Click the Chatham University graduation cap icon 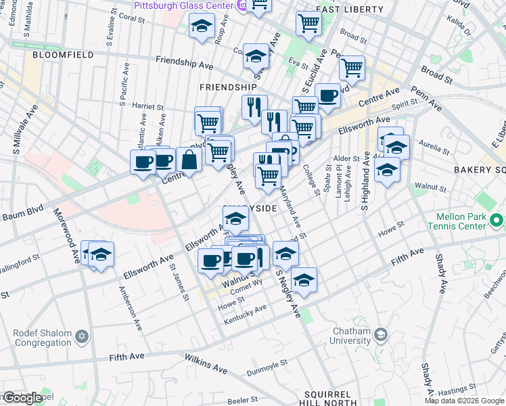point(381,334)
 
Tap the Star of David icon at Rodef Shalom point(82,336)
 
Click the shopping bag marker point(189,160)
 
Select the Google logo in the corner point(22,398)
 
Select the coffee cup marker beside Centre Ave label point(164,160)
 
